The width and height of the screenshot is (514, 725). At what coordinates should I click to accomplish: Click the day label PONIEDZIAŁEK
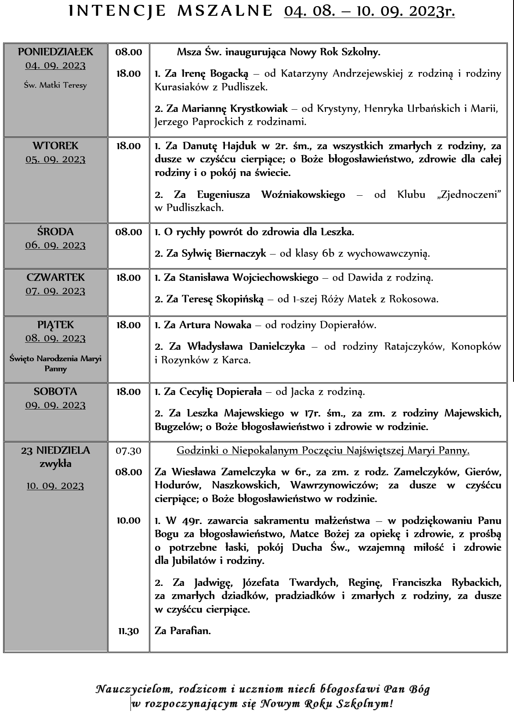(56, 52)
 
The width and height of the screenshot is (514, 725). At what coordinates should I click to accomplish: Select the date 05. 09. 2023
(56, 159)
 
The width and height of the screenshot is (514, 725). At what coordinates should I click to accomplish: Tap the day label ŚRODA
(55, 232)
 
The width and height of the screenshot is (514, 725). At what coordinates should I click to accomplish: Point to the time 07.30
(128, 450)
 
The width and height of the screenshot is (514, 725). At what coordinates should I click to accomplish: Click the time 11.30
(128, 631)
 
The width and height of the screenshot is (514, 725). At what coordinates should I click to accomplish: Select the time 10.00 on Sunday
(128, 520)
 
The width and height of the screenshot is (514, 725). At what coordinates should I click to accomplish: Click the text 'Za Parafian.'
(183, 631)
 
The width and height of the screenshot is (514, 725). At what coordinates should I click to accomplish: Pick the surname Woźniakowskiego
(303, 194)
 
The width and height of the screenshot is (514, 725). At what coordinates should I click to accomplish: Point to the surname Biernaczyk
(241, 253)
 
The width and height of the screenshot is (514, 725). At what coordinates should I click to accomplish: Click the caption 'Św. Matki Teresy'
(55, 85)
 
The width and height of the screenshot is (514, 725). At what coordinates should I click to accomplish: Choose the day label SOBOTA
(55, 391)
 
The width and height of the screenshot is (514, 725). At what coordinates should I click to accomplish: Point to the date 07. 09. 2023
(55, 291)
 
